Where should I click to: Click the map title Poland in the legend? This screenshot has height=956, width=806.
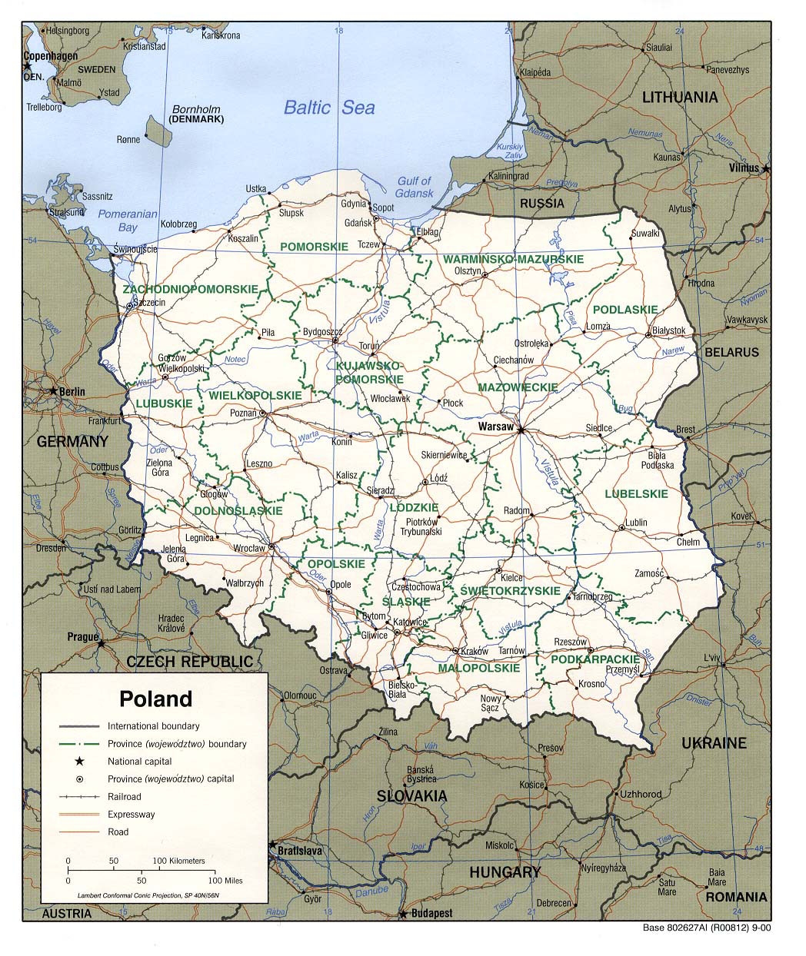coord(155,699)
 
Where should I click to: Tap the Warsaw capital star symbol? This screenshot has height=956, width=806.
coord(521,430)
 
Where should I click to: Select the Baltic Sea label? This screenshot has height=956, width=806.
coord(329,107)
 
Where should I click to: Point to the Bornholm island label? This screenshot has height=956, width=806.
coord(196,109)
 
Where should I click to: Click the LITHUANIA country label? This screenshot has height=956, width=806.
coord(680,97)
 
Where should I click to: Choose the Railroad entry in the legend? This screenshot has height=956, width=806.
coord(124,797)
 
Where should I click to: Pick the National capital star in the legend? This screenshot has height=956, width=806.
coord(78,762)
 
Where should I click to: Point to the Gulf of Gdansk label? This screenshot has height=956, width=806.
coord(415,187)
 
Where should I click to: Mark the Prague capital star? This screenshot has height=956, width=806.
coord(101,643)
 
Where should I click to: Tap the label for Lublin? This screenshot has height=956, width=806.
coord(636,523)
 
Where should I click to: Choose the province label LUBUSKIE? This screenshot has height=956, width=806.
coord(164,403)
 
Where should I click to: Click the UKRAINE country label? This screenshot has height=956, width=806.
coord(714,742)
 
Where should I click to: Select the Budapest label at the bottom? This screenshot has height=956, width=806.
coord(431,914)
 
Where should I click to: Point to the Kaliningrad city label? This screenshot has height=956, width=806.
coord(508,176)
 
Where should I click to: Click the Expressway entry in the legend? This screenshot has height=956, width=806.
coord(131,815)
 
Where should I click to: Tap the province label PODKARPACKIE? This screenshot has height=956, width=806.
coord(595,659)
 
